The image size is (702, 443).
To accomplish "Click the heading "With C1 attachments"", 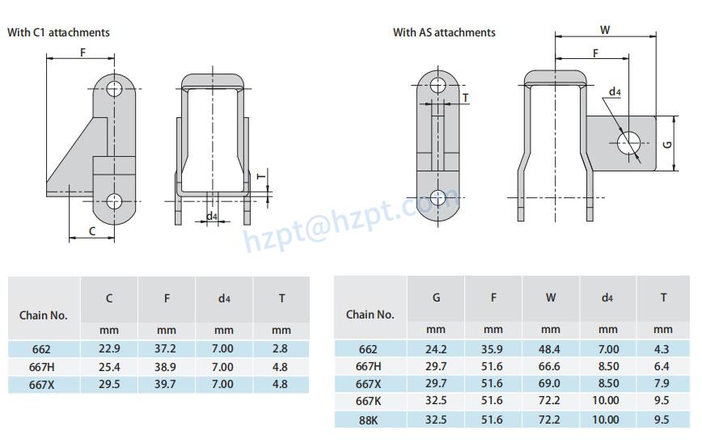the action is pos(59,32).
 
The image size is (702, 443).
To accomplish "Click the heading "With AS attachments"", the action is pos(444,32).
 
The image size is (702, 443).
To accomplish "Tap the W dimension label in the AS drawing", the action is pos(605,30).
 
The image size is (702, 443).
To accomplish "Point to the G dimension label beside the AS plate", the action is pos(667,145).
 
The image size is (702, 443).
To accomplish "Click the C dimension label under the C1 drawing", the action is pos(92,231).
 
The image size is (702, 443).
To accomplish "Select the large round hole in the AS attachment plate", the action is pos(629,143).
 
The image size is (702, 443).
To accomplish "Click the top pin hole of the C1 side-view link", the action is pos(114,89).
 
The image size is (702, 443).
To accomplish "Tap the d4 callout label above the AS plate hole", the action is pos(615,91).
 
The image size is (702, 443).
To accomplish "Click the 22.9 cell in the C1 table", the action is pos(109,348).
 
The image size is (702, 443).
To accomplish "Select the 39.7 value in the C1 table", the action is pos(165,384).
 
